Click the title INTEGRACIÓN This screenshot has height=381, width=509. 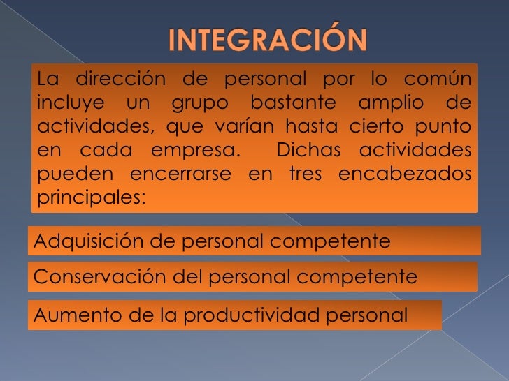coord(268,41)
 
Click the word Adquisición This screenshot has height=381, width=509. coord(83,241)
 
